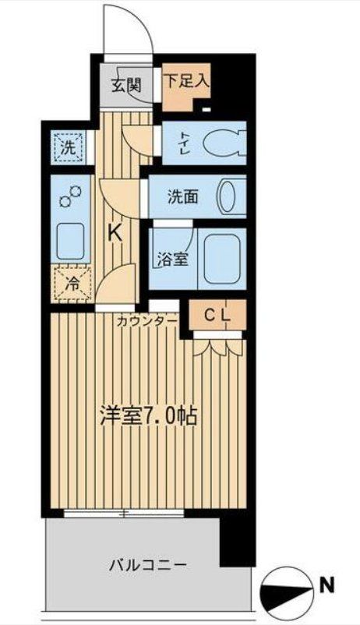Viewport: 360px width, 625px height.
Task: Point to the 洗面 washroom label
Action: [x=182, y=197]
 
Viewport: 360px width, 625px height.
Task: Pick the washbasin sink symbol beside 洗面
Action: [x=229, y=196]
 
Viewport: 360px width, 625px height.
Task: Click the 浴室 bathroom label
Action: [x=171, y=260]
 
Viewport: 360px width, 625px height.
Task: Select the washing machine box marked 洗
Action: [x=68, y=145]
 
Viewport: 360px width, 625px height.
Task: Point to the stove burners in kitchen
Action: [x=69, y=198]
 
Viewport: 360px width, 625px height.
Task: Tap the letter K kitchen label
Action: [x=115, y=231]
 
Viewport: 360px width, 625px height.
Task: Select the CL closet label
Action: [x=217, y=315]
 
